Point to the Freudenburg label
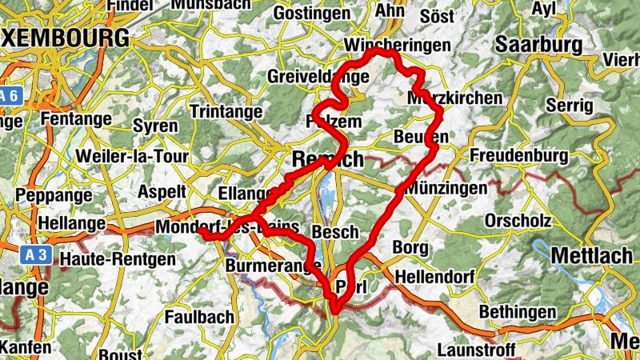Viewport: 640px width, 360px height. pyautogui.click(x=518, y=154)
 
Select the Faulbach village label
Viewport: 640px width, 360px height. pyautogui.click(x=198, y=317)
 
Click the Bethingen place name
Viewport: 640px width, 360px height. pyautogui.click(x=518, y=310)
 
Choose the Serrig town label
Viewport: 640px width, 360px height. pyautogui.click(x=570, y=105)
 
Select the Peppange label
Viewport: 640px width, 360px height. pyautogui.click(x=49, y=195)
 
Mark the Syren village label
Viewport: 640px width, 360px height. pyautogui.click(x=155, y=126)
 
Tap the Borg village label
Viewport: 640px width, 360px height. pyautogui.click(x=410, y=248)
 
